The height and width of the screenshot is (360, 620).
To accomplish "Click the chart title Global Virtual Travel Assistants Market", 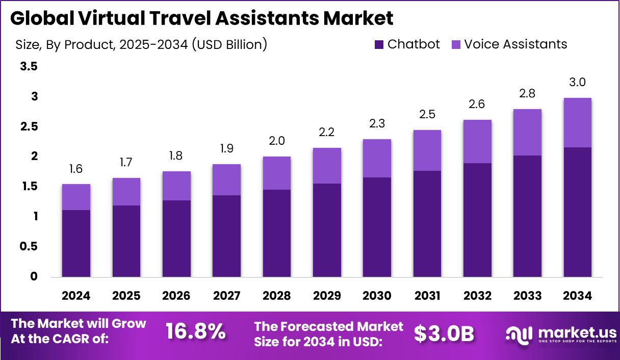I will coord(202,18).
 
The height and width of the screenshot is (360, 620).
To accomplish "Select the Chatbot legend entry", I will coord(407,44).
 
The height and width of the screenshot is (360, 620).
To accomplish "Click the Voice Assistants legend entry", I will coord(509,44).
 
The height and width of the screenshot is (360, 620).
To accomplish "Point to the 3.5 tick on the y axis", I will coord(29,66).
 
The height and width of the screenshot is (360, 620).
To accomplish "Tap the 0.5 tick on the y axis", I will coord(29,247).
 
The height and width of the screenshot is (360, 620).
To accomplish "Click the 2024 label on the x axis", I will coord(76,296).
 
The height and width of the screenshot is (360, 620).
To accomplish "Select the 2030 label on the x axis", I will coord(377,296).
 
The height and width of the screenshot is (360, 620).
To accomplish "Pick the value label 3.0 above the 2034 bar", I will coord(577,83).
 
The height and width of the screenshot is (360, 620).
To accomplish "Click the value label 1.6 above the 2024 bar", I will coord(76,169).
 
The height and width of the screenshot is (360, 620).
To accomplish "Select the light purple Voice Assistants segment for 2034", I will coord(577,122).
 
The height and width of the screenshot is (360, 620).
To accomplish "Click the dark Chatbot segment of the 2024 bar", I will coord(76,243).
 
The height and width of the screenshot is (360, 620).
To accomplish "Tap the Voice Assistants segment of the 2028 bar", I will coord(276,173).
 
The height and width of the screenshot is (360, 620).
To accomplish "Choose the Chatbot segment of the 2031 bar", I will coord(427,224).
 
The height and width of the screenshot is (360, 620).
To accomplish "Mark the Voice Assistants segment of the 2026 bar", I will coord(176,186).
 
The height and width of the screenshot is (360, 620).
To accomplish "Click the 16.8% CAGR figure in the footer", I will coord(196,332).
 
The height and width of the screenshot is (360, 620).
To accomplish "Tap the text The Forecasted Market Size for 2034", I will coord(328,334).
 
